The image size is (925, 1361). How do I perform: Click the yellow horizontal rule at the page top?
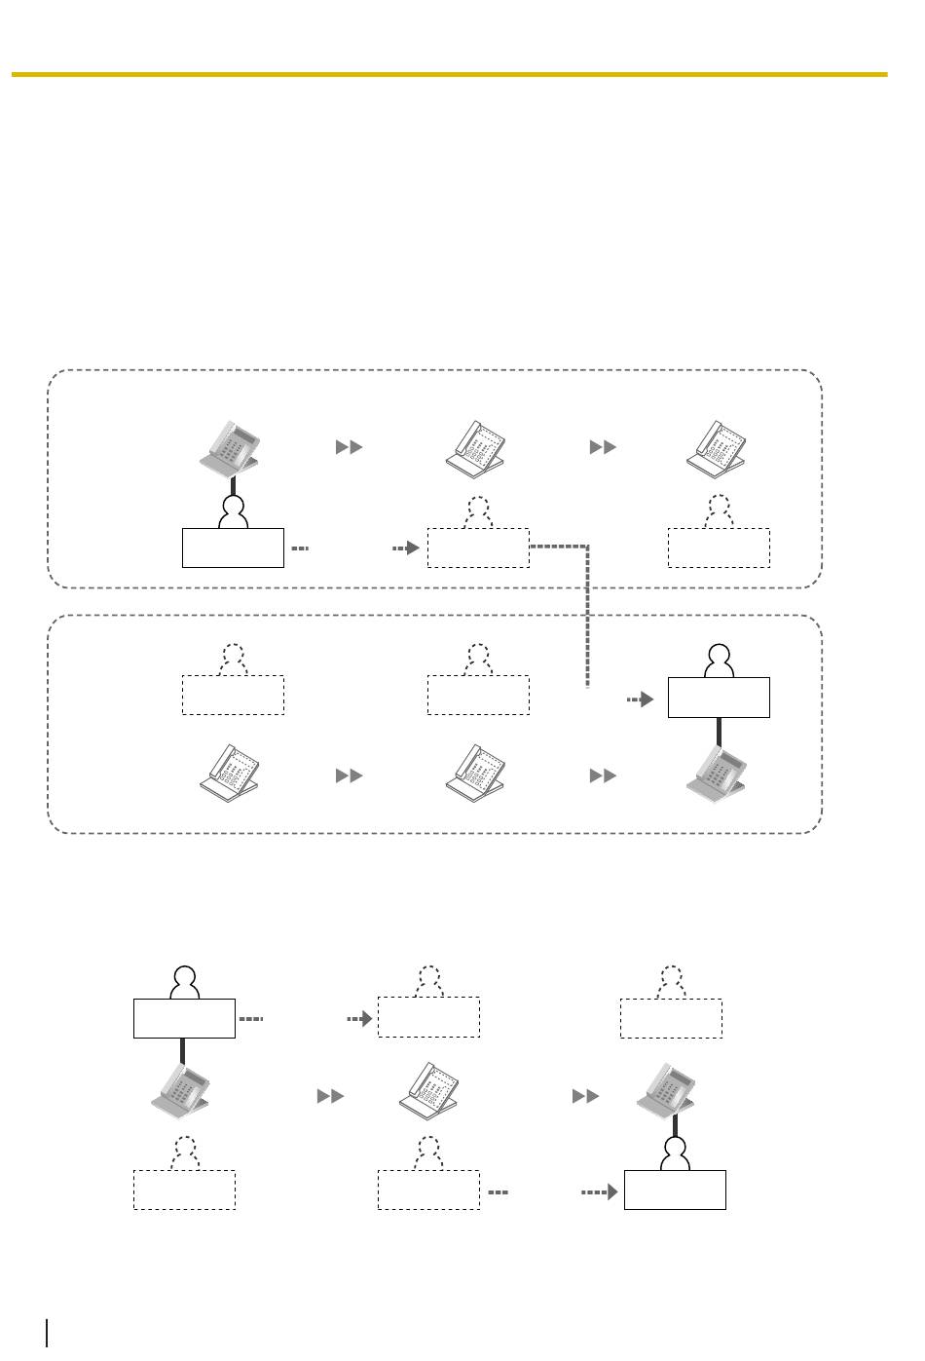click(449, 74)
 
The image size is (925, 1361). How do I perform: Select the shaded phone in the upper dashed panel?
click(231, 446)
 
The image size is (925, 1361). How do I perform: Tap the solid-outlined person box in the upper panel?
click(233, 548)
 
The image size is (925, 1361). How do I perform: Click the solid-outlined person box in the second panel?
click(719, 698)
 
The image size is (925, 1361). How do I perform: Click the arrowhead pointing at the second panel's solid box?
click(646, 699)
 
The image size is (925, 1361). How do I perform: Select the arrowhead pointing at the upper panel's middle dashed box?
click(412, 548)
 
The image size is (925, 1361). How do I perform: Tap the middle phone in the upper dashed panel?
click(476, 447)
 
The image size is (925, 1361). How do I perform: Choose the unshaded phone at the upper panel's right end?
click(718, 447)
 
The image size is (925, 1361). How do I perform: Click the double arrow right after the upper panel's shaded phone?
click(349, 447)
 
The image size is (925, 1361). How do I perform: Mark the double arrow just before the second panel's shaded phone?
click(603, 775)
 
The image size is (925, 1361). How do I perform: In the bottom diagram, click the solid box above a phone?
click(184, 1018)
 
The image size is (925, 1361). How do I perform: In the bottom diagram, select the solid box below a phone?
click(675, 1190)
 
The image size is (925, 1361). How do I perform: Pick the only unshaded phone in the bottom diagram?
click(428, 1095)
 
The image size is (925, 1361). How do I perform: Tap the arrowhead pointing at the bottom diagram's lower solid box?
click(610, 1191)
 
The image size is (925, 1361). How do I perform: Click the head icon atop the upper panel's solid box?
click(232, 509)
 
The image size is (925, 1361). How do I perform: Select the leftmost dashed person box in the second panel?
click(233, 695)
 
